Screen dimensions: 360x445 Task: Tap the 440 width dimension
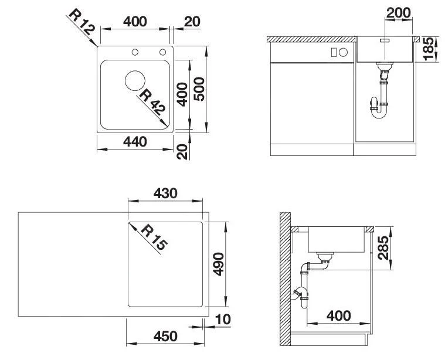click(x=135, y=142)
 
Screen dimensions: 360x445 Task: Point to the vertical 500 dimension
click(x=199, y=89)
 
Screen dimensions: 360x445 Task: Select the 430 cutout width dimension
click(x=165, y=193)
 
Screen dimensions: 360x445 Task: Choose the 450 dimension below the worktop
click(x=165, y=336)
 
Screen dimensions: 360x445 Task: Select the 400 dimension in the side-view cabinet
click(x=338, y=316)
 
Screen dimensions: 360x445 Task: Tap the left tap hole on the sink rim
click(x=135, y=53)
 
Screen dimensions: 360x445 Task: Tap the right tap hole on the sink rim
click(x=159, y=53)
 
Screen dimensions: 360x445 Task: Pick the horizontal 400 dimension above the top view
click(x=135, y=22)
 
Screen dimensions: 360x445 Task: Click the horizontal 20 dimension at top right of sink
click(x=192, y=22)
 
